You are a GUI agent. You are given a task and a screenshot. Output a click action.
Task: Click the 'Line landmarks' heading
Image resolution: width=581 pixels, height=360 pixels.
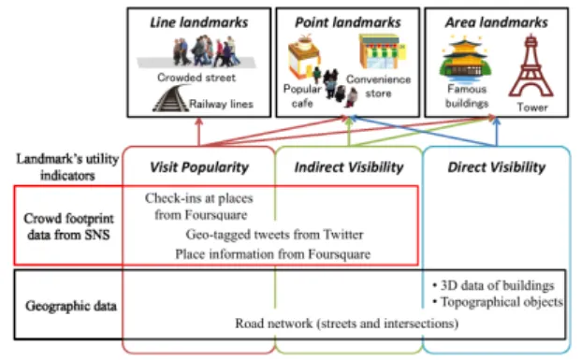[199, 22]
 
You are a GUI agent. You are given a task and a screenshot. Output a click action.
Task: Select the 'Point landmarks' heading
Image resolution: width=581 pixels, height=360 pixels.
[347, 22]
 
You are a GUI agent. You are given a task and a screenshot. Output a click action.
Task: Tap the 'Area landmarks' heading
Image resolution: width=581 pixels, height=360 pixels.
[497, 22]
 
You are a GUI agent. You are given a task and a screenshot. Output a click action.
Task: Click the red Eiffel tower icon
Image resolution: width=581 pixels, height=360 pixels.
[531, 66]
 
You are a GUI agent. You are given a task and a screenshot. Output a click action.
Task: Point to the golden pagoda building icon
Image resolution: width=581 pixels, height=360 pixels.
[465, 59]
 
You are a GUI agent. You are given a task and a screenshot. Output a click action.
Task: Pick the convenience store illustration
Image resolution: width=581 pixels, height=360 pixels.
[382, 51]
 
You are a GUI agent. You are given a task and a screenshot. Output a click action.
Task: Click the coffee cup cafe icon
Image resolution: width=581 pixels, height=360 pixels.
[304, 55]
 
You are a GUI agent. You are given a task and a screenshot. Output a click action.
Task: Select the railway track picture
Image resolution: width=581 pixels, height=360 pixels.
[170, 98]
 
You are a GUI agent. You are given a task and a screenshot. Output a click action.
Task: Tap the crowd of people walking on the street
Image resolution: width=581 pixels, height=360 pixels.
[205, 50]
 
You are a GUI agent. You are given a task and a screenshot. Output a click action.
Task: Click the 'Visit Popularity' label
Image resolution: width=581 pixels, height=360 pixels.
[199, 167]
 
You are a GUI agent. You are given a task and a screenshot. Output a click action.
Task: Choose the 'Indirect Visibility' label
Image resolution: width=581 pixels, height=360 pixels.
[349, 167]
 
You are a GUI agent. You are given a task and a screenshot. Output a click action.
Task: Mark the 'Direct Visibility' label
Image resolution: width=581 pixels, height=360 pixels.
[497, 167]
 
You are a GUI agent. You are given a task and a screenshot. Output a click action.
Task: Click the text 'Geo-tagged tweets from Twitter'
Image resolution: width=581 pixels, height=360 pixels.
[274, 235]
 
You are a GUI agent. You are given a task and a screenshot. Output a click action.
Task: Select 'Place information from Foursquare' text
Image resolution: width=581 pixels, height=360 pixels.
[272, 254]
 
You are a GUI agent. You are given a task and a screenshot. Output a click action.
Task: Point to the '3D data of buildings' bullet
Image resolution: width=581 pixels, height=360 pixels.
[493, 285]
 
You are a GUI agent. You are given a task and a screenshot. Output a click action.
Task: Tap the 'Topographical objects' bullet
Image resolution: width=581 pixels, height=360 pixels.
[498, 302]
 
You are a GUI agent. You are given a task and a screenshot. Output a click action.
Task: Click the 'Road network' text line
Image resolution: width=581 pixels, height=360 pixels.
[347, 324]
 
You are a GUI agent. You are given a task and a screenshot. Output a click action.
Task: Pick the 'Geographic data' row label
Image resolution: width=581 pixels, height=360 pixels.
[71, 307]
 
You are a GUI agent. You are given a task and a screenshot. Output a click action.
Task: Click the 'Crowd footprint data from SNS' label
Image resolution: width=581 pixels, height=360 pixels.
[68, 226]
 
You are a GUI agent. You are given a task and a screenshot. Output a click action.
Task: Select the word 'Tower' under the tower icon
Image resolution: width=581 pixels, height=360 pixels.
[532, 108]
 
